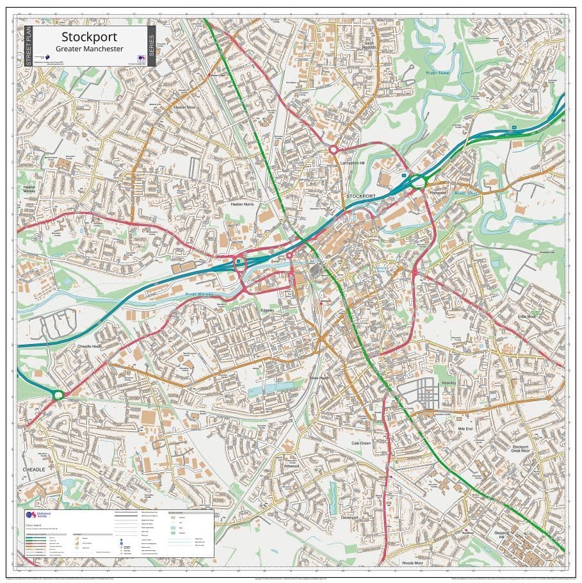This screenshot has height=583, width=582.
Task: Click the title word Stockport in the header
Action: click(89, 37)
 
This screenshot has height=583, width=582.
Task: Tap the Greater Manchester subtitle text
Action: click(89, 49)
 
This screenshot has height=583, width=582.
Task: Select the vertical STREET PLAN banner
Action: click(28, 46)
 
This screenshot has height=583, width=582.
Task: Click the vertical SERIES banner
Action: click(151, 46)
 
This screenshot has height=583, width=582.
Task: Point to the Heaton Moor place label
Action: click(184, 107)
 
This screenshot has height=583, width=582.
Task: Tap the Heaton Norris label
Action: click(243, 204)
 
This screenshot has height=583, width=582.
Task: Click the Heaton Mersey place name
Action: click(29, 189)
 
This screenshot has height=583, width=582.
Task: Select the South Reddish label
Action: click(369, 45)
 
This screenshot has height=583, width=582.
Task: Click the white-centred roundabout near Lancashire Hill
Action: click(334, 149)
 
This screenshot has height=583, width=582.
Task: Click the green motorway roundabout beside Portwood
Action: click(419, 182)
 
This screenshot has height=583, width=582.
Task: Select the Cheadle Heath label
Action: click(90, 346)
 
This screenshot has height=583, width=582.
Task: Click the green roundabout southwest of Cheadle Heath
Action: click(58, 395)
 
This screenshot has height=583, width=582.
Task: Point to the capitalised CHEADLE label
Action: click(34, 470)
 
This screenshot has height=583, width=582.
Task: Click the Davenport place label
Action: click(350, 516)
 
